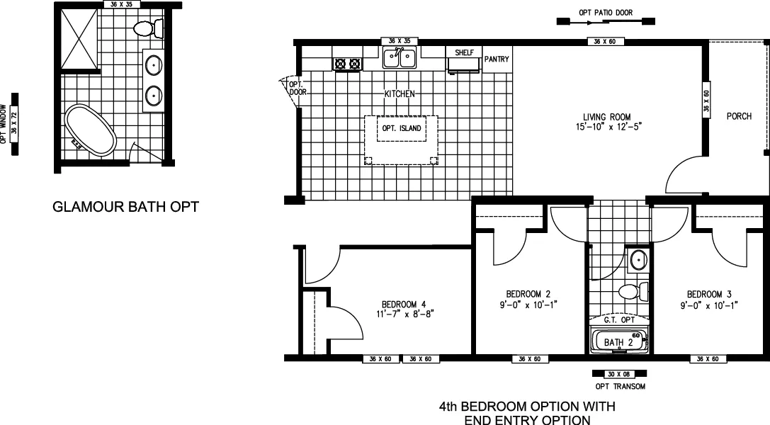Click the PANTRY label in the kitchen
[x=497, y=59]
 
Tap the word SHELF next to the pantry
[x=464, y=52]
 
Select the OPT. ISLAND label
[x=402, y=128]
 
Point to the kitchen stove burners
[x=346, y=64]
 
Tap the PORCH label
[x=739, y=117]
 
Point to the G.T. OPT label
[x=617, y=320]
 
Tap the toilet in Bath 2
[x=629, y=291]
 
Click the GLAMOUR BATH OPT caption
[x=125, y=208]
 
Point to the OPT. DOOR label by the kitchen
[x=295, y=88]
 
